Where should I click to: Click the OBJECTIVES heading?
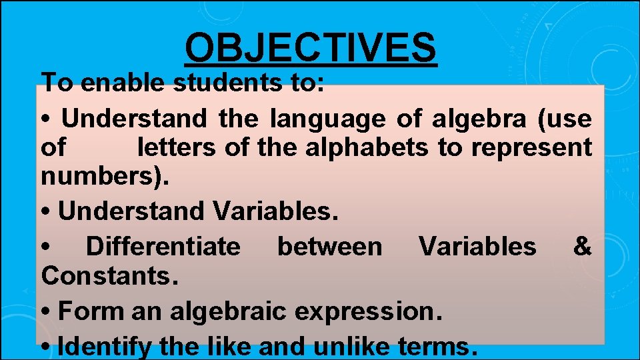pos(311,48)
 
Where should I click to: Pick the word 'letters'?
pos(176,147)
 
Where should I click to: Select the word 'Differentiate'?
pos(163,247)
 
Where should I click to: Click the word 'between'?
pos(330,247)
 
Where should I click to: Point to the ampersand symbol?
pos(582,247)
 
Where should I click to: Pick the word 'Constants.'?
pos(110,276)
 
